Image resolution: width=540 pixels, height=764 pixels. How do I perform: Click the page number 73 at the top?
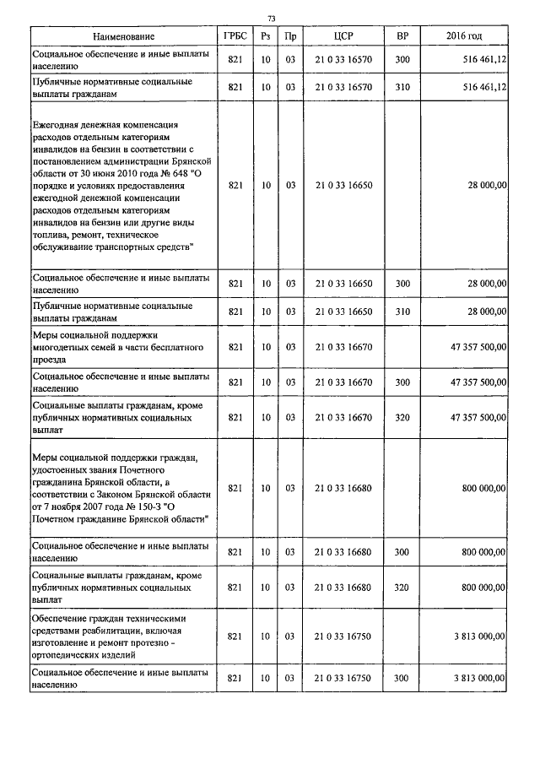(x=271, y=18)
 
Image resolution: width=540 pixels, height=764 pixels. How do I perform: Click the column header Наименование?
(x=124, y=37)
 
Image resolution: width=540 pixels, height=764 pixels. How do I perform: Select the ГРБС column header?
(x=235, y=37)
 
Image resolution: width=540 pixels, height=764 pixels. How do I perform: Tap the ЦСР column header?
(x=343, y=37)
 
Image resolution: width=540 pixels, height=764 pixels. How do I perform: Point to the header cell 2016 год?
(x=464, y=37)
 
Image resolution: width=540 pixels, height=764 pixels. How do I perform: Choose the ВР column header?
(x=402, y=37)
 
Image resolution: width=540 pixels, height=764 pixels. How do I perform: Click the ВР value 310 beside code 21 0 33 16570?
(x=402, y=87)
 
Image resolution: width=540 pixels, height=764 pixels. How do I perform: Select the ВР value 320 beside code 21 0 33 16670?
(x=402, y=417)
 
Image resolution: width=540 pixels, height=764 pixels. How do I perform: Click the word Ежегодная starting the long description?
(x=57, y=124)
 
